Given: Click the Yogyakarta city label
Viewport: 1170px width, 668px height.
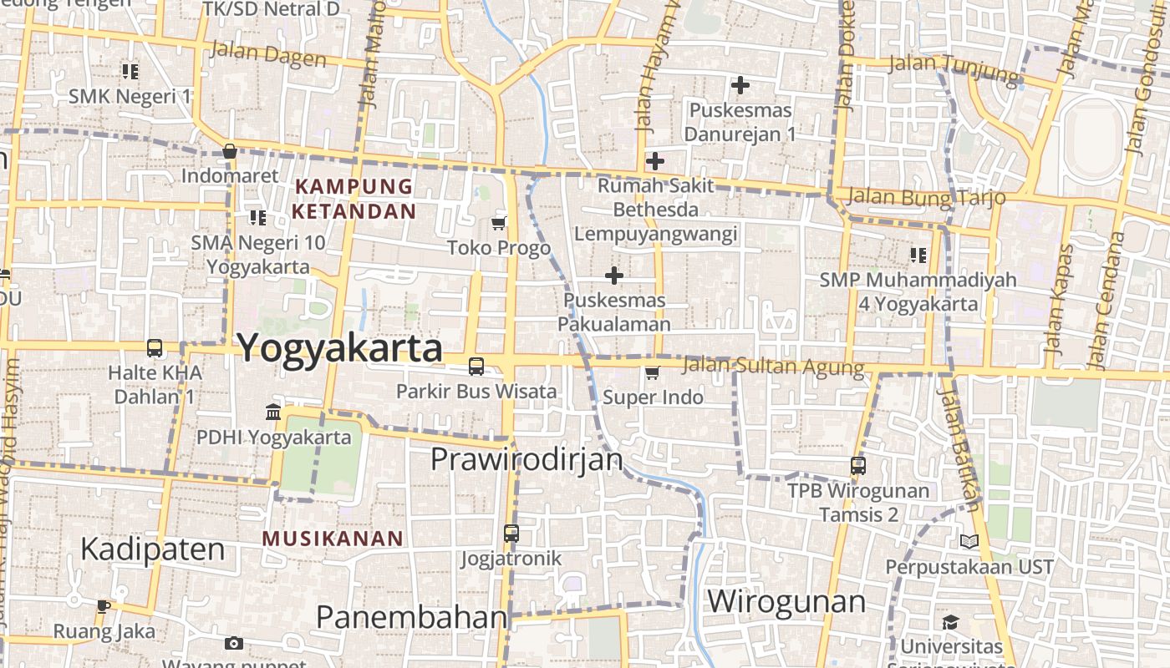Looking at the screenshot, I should point(340,347).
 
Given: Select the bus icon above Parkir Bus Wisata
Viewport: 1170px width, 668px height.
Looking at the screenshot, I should point(476,366).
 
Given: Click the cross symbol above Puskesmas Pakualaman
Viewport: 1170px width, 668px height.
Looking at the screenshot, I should point(614,275).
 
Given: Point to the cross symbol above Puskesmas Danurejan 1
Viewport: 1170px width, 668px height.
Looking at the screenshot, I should point(740,84).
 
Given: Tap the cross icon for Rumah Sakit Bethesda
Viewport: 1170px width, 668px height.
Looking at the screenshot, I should point(655,160).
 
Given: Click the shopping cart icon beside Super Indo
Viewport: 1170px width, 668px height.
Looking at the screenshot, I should point(652,372).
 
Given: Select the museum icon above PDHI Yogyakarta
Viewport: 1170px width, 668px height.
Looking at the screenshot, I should point(273,412).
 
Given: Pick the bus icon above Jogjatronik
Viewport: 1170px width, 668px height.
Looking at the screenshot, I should point(511,533).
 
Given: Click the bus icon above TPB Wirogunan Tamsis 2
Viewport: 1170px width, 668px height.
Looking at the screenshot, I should point(858,465).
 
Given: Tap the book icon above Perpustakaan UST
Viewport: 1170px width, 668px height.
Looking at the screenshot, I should point(969,542).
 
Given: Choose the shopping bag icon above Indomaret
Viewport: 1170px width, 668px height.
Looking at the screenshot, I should point(229,151).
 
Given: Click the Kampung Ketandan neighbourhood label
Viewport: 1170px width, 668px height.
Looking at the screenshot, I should point(353,199).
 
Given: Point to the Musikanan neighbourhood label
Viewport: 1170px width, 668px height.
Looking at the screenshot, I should point(333,539).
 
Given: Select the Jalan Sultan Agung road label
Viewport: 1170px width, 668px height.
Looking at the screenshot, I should point(773,367).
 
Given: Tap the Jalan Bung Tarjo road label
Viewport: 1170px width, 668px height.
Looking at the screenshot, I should point(925,198).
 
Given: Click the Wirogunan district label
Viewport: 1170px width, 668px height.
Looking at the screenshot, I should point(786,601).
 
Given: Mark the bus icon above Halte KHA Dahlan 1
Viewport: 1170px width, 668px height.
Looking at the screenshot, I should point(155,347).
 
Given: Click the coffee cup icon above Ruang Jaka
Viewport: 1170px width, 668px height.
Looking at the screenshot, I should point(103,605).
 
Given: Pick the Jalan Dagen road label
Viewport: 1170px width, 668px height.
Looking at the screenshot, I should point(267,54).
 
